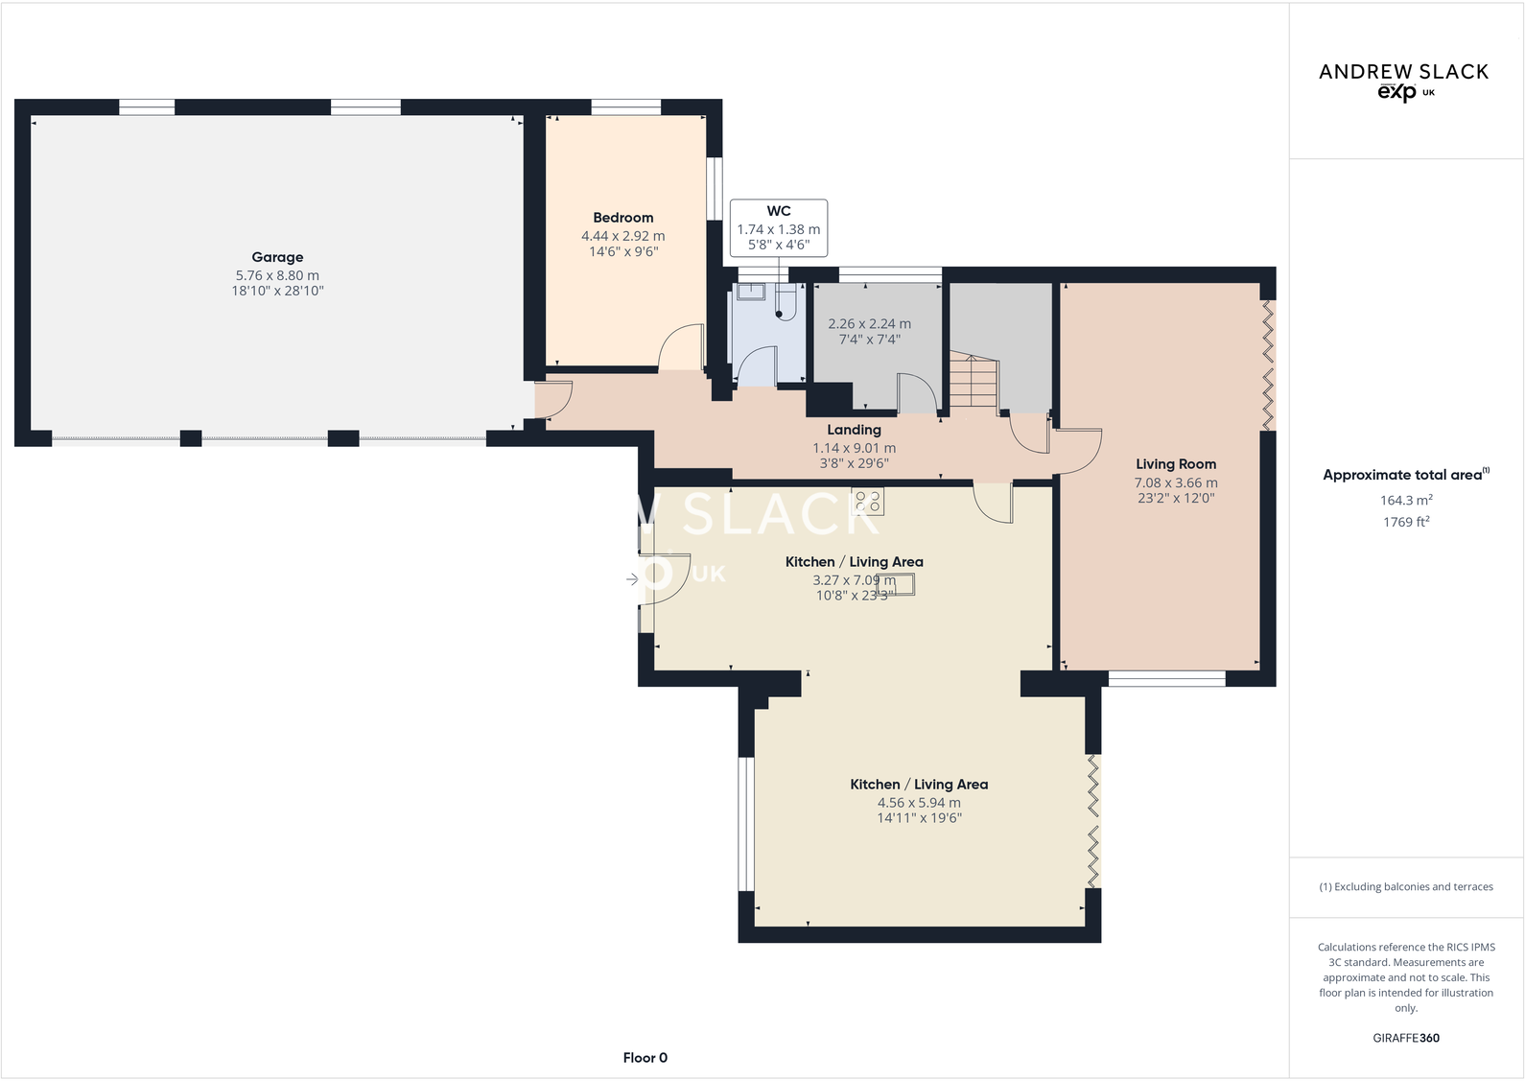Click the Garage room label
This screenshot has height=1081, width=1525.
(277, 257)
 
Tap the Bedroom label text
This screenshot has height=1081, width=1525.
(622, 218)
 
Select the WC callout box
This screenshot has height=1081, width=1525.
(778, 228)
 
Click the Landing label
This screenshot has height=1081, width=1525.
(854, 430)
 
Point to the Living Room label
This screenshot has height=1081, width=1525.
(1175, 464)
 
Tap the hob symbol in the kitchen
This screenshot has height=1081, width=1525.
(868, 502)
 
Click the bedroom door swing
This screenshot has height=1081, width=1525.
(680, 347)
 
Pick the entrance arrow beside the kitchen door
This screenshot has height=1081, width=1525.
(632, 579)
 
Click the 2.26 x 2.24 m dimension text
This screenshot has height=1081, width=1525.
(869, 324)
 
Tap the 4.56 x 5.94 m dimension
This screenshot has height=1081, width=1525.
(918, 803)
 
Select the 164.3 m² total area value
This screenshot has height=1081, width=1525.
(1405, 500)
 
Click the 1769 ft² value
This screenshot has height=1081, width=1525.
(1405, 522)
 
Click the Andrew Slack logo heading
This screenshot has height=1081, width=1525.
(1403, 72)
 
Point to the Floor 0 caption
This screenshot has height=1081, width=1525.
(645, 1058)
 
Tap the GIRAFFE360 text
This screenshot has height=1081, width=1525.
(1405, 1038)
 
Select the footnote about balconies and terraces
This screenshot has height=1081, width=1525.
(1405, 887)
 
